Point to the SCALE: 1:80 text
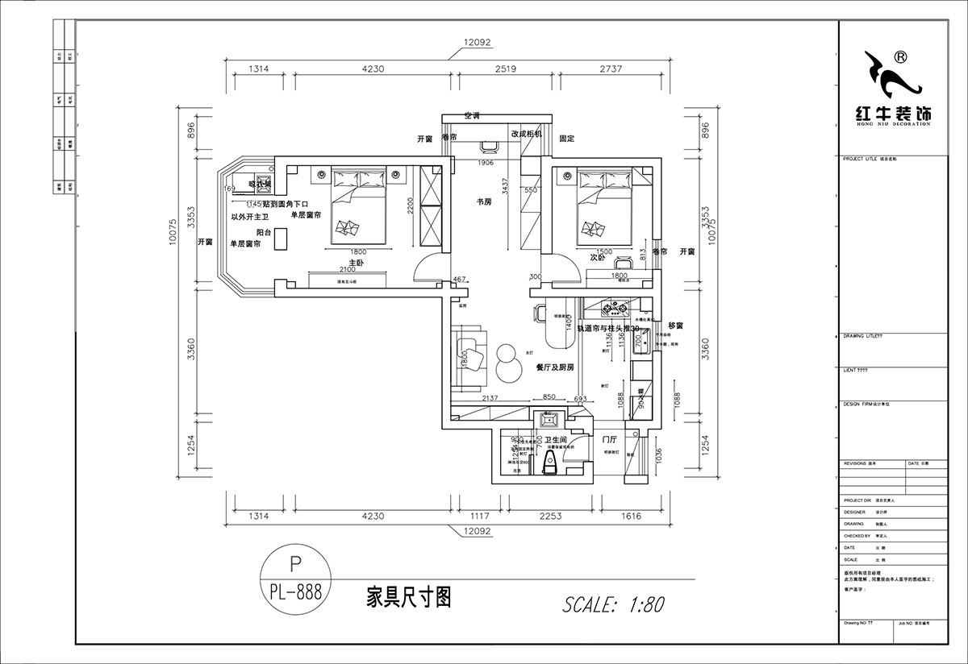pyautogui.click(x=614, y=604)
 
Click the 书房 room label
pyautogui.click(x=483, y=201)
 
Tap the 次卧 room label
pyautogui.click(x=598, y=259)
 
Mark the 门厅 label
pyautogui.click(x=609, y=440)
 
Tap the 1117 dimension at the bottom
pyautogui.click(x=481, y=518)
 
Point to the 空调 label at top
pyautogui.click(x=472, y=116)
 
